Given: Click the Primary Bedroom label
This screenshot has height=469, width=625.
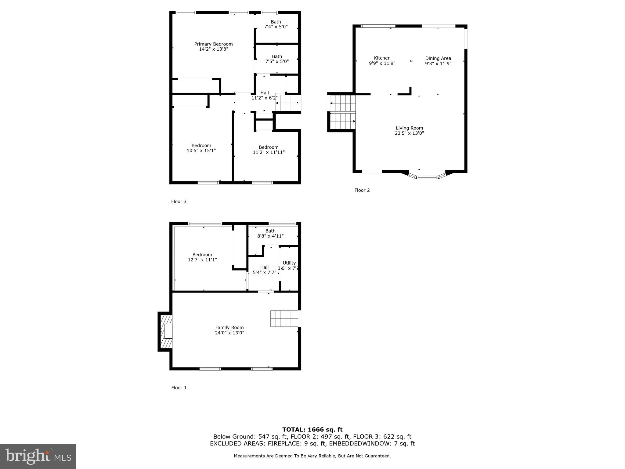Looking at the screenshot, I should pos(213,44).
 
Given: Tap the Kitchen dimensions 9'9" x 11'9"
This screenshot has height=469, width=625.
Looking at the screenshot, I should pos(382,64).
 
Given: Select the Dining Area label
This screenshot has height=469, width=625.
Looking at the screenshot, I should pos(438,58).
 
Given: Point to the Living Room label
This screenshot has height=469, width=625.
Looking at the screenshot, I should pos(409,128).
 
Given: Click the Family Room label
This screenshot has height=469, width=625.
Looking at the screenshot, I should pos(229,328).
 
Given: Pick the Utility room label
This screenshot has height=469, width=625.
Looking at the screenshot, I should pos(289,263).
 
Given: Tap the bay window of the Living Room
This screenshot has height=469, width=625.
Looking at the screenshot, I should pos(427,176).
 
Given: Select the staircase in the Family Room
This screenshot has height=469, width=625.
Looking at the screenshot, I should pos(284,318).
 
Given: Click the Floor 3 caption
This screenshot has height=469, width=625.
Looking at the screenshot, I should pos(179,202).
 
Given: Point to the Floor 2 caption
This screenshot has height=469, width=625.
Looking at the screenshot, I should pos(362,190).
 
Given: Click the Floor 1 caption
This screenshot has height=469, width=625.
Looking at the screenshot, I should pos(179,388).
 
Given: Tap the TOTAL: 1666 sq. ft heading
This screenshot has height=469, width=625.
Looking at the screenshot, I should pos(312,430).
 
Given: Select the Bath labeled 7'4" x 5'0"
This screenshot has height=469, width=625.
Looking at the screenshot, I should pos(276,24).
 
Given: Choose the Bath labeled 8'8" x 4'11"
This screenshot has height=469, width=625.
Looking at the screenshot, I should pos(270,233).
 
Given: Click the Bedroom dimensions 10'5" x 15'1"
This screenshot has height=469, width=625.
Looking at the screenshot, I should pos(201,151).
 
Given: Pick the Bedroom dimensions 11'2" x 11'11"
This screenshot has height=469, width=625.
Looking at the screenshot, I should pos(269,152).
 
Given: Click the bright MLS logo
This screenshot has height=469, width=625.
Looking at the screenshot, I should pos(38,456).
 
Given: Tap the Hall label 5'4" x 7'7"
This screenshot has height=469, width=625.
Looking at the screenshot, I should pos(264,270).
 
